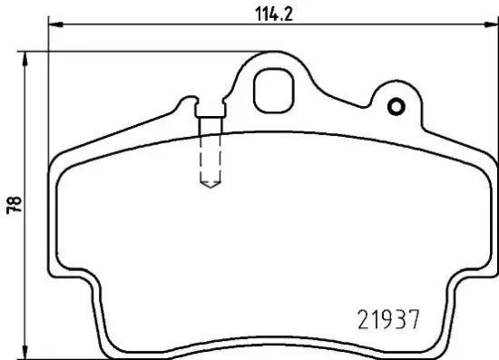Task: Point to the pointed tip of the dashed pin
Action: (210, 188)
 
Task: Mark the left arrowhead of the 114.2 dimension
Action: (52, 24)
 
